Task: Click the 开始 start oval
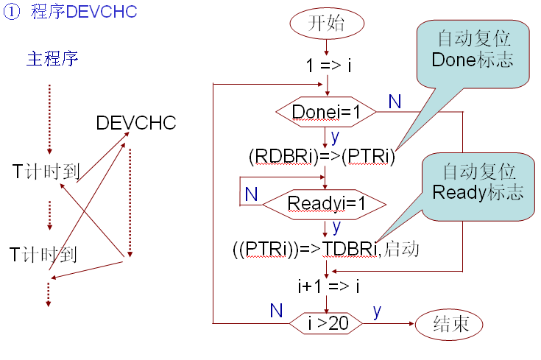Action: [326, 22]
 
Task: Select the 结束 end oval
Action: [451, 324]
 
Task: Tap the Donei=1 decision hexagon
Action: [326, 112]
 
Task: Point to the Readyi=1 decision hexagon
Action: [326, 202]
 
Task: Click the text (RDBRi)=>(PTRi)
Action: [322, 157]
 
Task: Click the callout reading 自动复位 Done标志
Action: [473, 49]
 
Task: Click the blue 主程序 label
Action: [52, 59]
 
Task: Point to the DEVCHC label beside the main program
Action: [136, 123]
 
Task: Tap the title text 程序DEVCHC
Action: [84, 13]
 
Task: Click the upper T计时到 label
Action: [44, 169]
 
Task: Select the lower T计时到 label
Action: [44, 255]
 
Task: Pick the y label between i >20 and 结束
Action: [377, 311]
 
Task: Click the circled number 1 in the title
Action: [14, 13]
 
